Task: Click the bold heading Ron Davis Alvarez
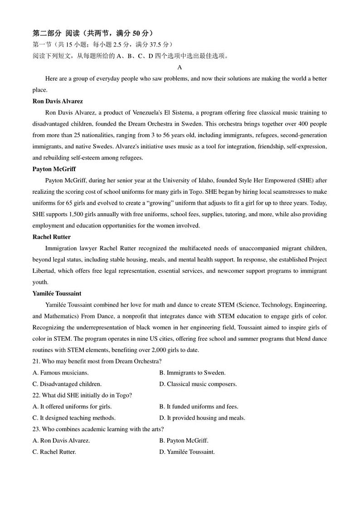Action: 58,101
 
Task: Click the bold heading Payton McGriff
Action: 54,169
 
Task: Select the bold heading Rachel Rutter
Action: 52,237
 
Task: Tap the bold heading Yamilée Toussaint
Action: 57,294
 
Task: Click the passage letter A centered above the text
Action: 180,68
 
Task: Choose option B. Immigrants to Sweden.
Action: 192,373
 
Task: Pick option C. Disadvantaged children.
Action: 67,384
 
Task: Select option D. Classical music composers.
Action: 198,384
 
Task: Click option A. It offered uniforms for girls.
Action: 72,407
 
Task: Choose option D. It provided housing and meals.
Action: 202,418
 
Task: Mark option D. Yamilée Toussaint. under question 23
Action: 187,452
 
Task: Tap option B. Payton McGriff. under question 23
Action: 184,441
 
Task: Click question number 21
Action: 36,362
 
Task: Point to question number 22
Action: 36,396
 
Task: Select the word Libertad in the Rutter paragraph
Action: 44,271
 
